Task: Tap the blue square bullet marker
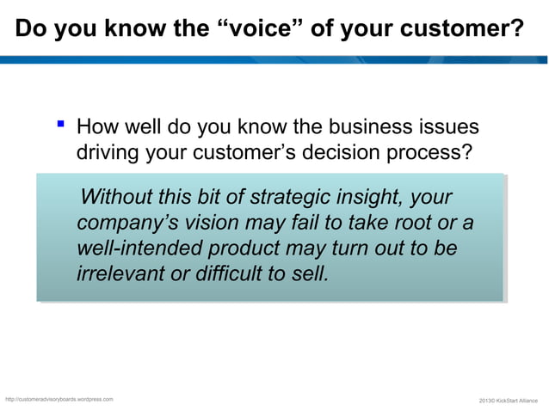59,128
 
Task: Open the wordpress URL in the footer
59,400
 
